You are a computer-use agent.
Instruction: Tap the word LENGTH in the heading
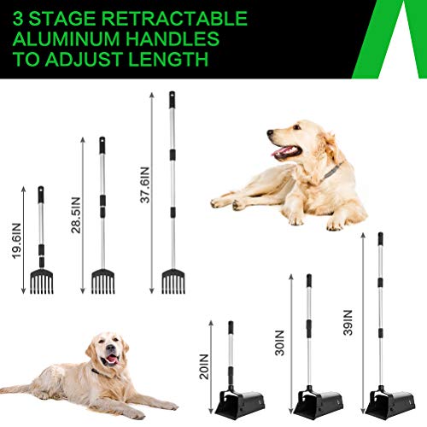170,60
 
